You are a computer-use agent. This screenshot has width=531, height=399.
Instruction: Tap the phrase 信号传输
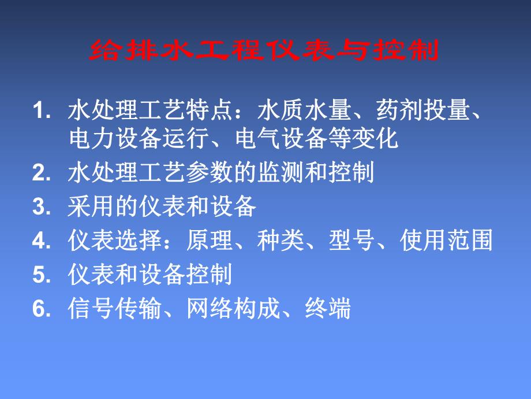pos(115,309)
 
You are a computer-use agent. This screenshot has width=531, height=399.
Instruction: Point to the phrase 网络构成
pos(234,309)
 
